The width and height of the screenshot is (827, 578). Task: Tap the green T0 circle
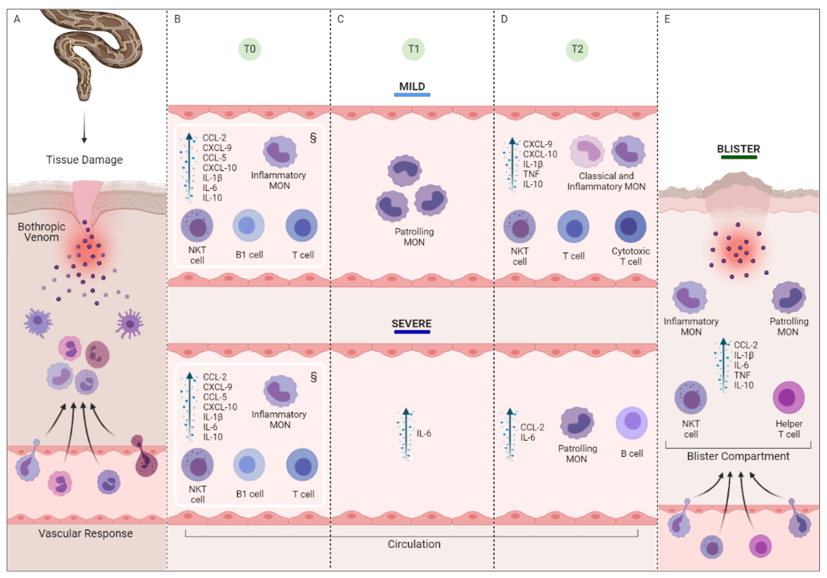(250, 49)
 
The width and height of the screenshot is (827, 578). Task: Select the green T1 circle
(413, 49)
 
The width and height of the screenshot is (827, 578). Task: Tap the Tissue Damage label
(84, 160)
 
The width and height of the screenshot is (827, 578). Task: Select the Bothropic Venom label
(42, 232)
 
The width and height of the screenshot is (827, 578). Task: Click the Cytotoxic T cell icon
(630, 226)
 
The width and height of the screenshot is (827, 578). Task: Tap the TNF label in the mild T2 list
(531, 174)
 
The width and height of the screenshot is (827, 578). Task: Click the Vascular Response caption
(86, 533)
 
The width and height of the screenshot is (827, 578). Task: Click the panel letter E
(667, 19)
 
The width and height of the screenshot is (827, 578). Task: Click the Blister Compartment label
(738, 456)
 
